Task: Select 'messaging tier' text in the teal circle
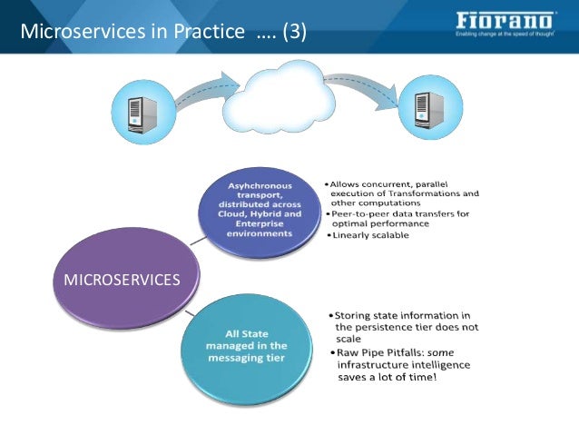(245, 358)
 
